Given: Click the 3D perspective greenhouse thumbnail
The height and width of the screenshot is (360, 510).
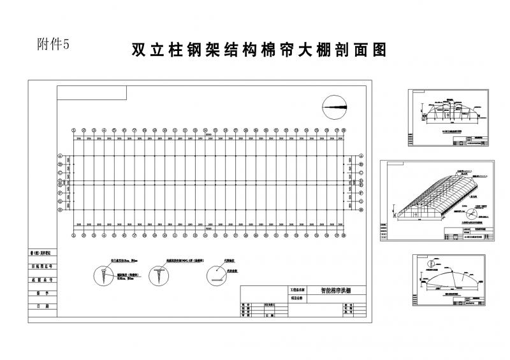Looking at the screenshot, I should coord(437,201).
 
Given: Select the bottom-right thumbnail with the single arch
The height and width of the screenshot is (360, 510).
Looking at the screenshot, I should coord(450,282).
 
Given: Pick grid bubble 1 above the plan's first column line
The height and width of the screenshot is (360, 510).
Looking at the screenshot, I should coord(73,127).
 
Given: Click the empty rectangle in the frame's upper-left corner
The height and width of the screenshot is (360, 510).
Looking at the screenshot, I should coord(92,93).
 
